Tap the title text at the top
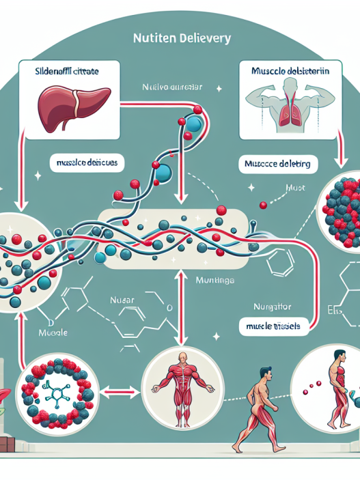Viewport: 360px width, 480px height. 180,40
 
